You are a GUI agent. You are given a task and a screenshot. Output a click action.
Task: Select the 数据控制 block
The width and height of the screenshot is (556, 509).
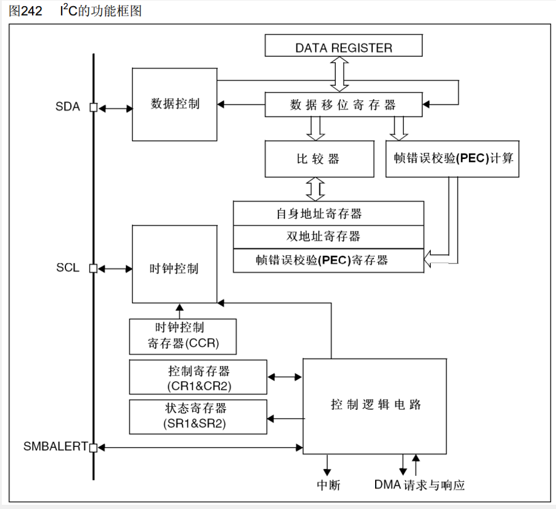tap(175, 104)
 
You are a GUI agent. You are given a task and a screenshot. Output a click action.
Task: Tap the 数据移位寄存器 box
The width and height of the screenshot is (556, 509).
tap(343, 105)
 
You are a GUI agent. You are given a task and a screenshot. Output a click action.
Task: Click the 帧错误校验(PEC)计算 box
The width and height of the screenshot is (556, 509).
tap(453, 158)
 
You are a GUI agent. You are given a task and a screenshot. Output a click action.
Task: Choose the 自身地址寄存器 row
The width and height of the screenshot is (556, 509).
tap(328, 213)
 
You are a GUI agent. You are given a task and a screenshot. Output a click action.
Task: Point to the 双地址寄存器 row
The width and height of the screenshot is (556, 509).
tap(328, 236)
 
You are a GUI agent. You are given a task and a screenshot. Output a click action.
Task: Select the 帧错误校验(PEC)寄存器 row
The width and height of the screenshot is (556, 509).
tap(328, 260)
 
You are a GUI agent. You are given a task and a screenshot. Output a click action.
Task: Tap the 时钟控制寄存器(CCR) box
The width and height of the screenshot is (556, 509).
tap(183, 337)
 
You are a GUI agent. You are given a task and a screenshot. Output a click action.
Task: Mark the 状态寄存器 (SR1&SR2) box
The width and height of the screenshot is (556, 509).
tap(198, 417)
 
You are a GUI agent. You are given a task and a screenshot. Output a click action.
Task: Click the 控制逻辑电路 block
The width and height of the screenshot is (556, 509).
tap(375, 405)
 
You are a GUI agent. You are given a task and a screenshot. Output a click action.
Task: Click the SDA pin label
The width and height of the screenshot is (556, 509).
tap(68, 108)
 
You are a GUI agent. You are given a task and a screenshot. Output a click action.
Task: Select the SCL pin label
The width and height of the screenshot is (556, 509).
tap(68, 268)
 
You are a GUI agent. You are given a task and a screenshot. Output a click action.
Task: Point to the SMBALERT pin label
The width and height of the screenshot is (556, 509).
tap(55, 447)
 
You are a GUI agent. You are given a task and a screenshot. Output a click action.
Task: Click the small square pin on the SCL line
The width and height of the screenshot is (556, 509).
tap(93, 268)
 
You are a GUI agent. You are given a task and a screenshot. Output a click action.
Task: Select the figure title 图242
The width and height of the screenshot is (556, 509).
tap(25, 11)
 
